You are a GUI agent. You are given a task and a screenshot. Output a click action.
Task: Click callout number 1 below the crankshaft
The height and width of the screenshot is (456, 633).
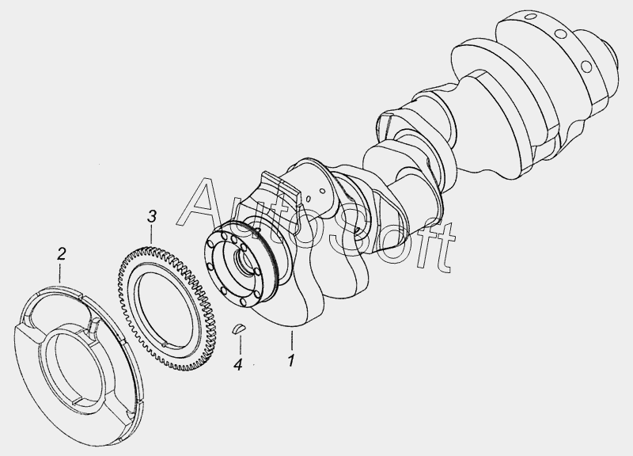tap(291, 361)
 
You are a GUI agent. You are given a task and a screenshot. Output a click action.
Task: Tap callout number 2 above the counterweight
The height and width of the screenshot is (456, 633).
tap(61, 254)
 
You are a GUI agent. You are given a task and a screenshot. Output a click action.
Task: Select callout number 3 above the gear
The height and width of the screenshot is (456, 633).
tap(151, 216)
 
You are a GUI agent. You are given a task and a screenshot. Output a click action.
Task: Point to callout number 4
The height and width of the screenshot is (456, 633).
tap(238, 365)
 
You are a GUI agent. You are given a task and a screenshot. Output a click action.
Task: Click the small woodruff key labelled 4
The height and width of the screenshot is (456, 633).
tap(239, 328)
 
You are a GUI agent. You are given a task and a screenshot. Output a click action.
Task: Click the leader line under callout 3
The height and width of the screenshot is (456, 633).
tap(151, 234)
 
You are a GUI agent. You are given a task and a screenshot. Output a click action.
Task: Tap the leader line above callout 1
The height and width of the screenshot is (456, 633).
tap(291, 340)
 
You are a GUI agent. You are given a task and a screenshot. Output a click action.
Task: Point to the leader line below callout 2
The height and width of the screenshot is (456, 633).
tap(61, 273)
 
